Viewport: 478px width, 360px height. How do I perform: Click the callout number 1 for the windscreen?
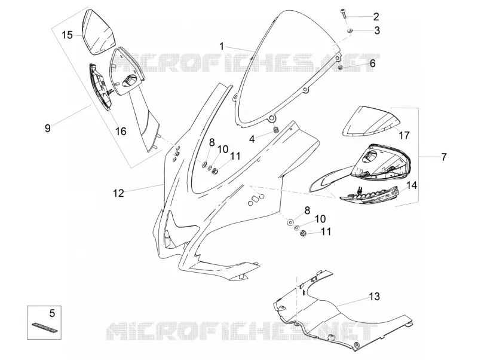coord(222,47)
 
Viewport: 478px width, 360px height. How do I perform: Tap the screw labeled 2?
coord(343,13)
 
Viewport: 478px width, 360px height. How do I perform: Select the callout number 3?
coord(377,30)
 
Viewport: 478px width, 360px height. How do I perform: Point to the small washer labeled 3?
coord(351,30)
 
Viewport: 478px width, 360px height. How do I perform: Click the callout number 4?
coord(252,139)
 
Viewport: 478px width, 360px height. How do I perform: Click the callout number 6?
coord(372,63)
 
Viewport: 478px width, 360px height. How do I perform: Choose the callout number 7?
coord(443,157)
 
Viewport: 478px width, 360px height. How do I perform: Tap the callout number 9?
coord(48,128)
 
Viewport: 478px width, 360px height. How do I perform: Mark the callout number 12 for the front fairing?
coord(118,193)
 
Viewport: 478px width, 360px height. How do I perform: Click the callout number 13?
coord(375,296)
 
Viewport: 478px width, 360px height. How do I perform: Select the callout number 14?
coord(412,185)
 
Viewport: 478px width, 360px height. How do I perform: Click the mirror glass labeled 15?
coord(98,32)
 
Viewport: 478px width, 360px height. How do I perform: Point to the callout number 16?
coord(121,131)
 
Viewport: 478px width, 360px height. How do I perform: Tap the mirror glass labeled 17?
coord(370,121)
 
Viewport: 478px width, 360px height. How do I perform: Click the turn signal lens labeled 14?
coord(370,194)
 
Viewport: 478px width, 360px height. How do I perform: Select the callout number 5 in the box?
coord(52,313)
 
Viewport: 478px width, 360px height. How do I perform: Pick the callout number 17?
coord(405,135)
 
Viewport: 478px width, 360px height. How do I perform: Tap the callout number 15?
coord(67,35)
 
